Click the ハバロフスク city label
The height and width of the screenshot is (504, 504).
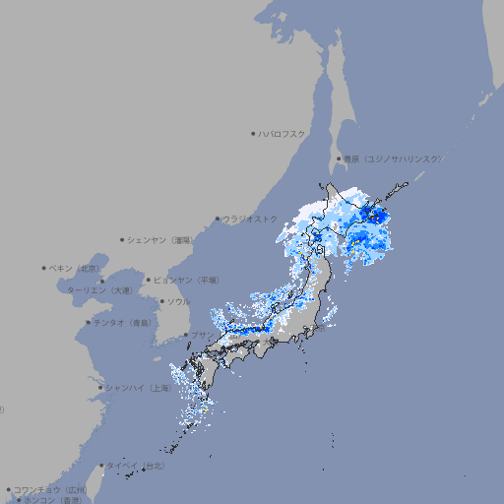tap(283, 133)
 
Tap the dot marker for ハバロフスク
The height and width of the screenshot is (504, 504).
tap(254, 133)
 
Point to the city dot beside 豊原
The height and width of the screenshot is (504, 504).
tap(339, 158)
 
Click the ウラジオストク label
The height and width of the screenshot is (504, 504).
tap(251, 219)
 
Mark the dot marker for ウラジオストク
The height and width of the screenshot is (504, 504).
tap(218, 219)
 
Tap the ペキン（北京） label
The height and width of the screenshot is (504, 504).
tap(77, 268)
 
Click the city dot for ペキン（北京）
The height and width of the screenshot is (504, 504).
tap(44, 268)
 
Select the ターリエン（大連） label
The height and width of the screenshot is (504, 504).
tap(98, 290)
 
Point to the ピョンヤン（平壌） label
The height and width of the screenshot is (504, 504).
tap(187, 280)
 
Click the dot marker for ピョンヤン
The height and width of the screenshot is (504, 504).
tap(151, 280)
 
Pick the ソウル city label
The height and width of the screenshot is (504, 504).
tap(178, 301)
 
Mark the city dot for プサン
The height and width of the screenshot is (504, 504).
tap(186, 336)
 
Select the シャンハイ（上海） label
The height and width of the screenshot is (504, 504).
tap(138, 388)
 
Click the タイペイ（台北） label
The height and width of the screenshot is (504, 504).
tap(137, 466)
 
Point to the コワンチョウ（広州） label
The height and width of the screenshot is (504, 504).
tap(50, 489)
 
